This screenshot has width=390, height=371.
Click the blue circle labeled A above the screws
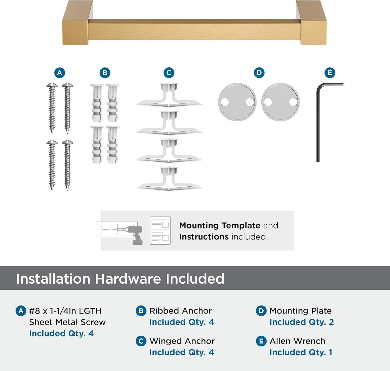(x=60, y=73)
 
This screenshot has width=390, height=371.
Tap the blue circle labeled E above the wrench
(x=330, y=73)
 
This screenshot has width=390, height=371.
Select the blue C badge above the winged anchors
(x=169, y=73)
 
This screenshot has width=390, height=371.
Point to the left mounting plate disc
(x=237, y=102)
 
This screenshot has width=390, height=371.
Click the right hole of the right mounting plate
(x=293, y=102)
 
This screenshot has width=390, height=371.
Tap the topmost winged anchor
(x=169, y=95)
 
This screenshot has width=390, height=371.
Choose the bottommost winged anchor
(x=169, y=179)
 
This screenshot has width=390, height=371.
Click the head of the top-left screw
(x=52, y=86)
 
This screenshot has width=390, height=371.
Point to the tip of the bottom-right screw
(x=67, y=191)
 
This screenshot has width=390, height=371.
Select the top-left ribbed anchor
(x=97, y=103)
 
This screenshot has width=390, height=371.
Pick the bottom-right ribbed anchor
(x=113, y=145)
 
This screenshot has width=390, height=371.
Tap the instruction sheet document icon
(x=160, y=231)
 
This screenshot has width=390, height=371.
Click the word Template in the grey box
(x=241, y=226)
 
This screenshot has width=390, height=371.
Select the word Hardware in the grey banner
(x=128, y=279)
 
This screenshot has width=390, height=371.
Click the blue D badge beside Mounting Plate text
(x=261, y=311)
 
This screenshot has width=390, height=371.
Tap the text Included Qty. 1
(x=301, y=352)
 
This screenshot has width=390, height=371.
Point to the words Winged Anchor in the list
(x=182, y=341)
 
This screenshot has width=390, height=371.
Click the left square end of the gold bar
(x=75, y=23)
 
